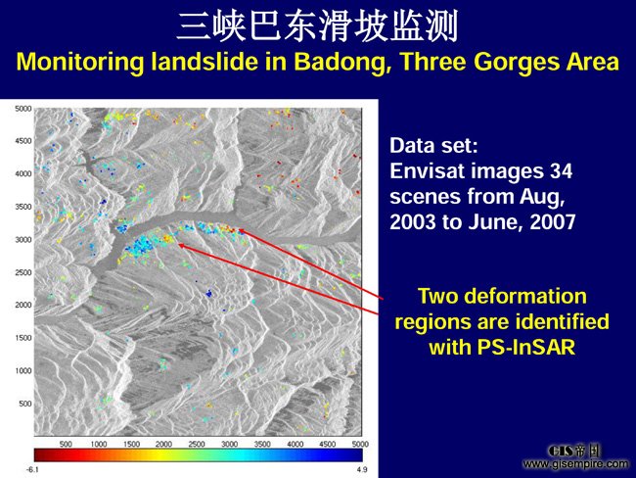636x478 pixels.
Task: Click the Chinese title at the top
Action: [x=318, y=26]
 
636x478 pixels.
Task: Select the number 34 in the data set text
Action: [x=561, y=170]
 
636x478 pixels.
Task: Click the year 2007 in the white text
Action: [x=553, y=221]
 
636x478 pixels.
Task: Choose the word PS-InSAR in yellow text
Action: [x=526, y=347]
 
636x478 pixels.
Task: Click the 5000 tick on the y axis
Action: [x=23, y=109]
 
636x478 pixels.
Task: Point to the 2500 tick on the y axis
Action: [x=23, y=272]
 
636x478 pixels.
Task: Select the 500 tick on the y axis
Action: [x=25, y=404]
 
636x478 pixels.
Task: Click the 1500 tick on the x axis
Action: [x=131, y=444]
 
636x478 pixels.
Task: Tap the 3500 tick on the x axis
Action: [x=262, y=444]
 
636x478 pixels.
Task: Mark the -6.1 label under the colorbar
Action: [x=32, y=469]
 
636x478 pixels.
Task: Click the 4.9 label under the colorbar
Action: [x=362, y=469]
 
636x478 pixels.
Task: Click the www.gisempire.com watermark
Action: [x=576, y=463]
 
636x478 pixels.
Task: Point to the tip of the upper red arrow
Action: [x=238, y=230]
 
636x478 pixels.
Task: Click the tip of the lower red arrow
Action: [x=178, y=244]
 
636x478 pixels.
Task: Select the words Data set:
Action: [x=434, y=145]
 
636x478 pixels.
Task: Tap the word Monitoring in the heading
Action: [x=80, y=62]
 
